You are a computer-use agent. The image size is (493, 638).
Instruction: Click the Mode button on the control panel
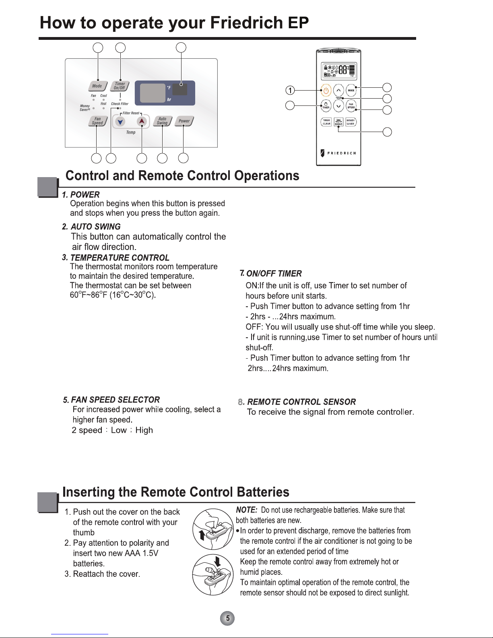[x=97, y=86]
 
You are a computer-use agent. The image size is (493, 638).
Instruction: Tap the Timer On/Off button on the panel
[x=120, y=86]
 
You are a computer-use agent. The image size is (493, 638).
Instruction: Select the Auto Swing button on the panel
[x=163, y=121]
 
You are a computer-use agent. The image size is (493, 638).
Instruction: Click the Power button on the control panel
[x=184, y=121]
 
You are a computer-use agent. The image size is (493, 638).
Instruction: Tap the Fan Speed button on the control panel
[x=97, y=121]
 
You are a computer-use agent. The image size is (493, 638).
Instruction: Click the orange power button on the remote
[x=326, y=90]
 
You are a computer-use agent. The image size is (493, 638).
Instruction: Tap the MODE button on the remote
[x=351, y=90]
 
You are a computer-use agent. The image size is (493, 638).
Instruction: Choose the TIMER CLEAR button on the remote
[x=326, y=122]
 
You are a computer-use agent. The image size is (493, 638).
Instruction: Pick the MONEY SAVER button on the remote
[x=351, y=122]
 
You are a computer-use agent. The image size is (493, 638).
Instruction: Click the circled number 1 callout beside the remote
[x=291, y=90]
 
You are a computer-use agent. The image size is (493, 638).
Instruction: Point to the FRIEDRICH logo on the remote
[x=338, y=153]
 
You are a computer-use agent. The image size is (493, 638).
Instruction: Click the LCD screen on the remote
[x=338, y=71]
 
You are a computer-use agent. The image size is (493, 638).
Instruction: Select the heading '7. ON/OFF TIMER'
[x=271, y=274]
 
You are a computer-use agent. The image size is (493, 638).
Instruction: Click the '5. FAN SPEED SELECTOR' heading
[x=111, y=400]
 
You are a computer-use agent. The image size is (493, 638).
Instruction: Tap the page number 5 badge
[x=227, y=618]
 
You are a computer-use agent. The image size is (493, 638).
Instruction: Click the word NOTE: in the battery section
[x=247, y=510]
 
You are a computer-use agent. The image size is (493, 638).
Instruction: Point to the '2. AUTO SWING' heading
[x=91, y=227]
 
